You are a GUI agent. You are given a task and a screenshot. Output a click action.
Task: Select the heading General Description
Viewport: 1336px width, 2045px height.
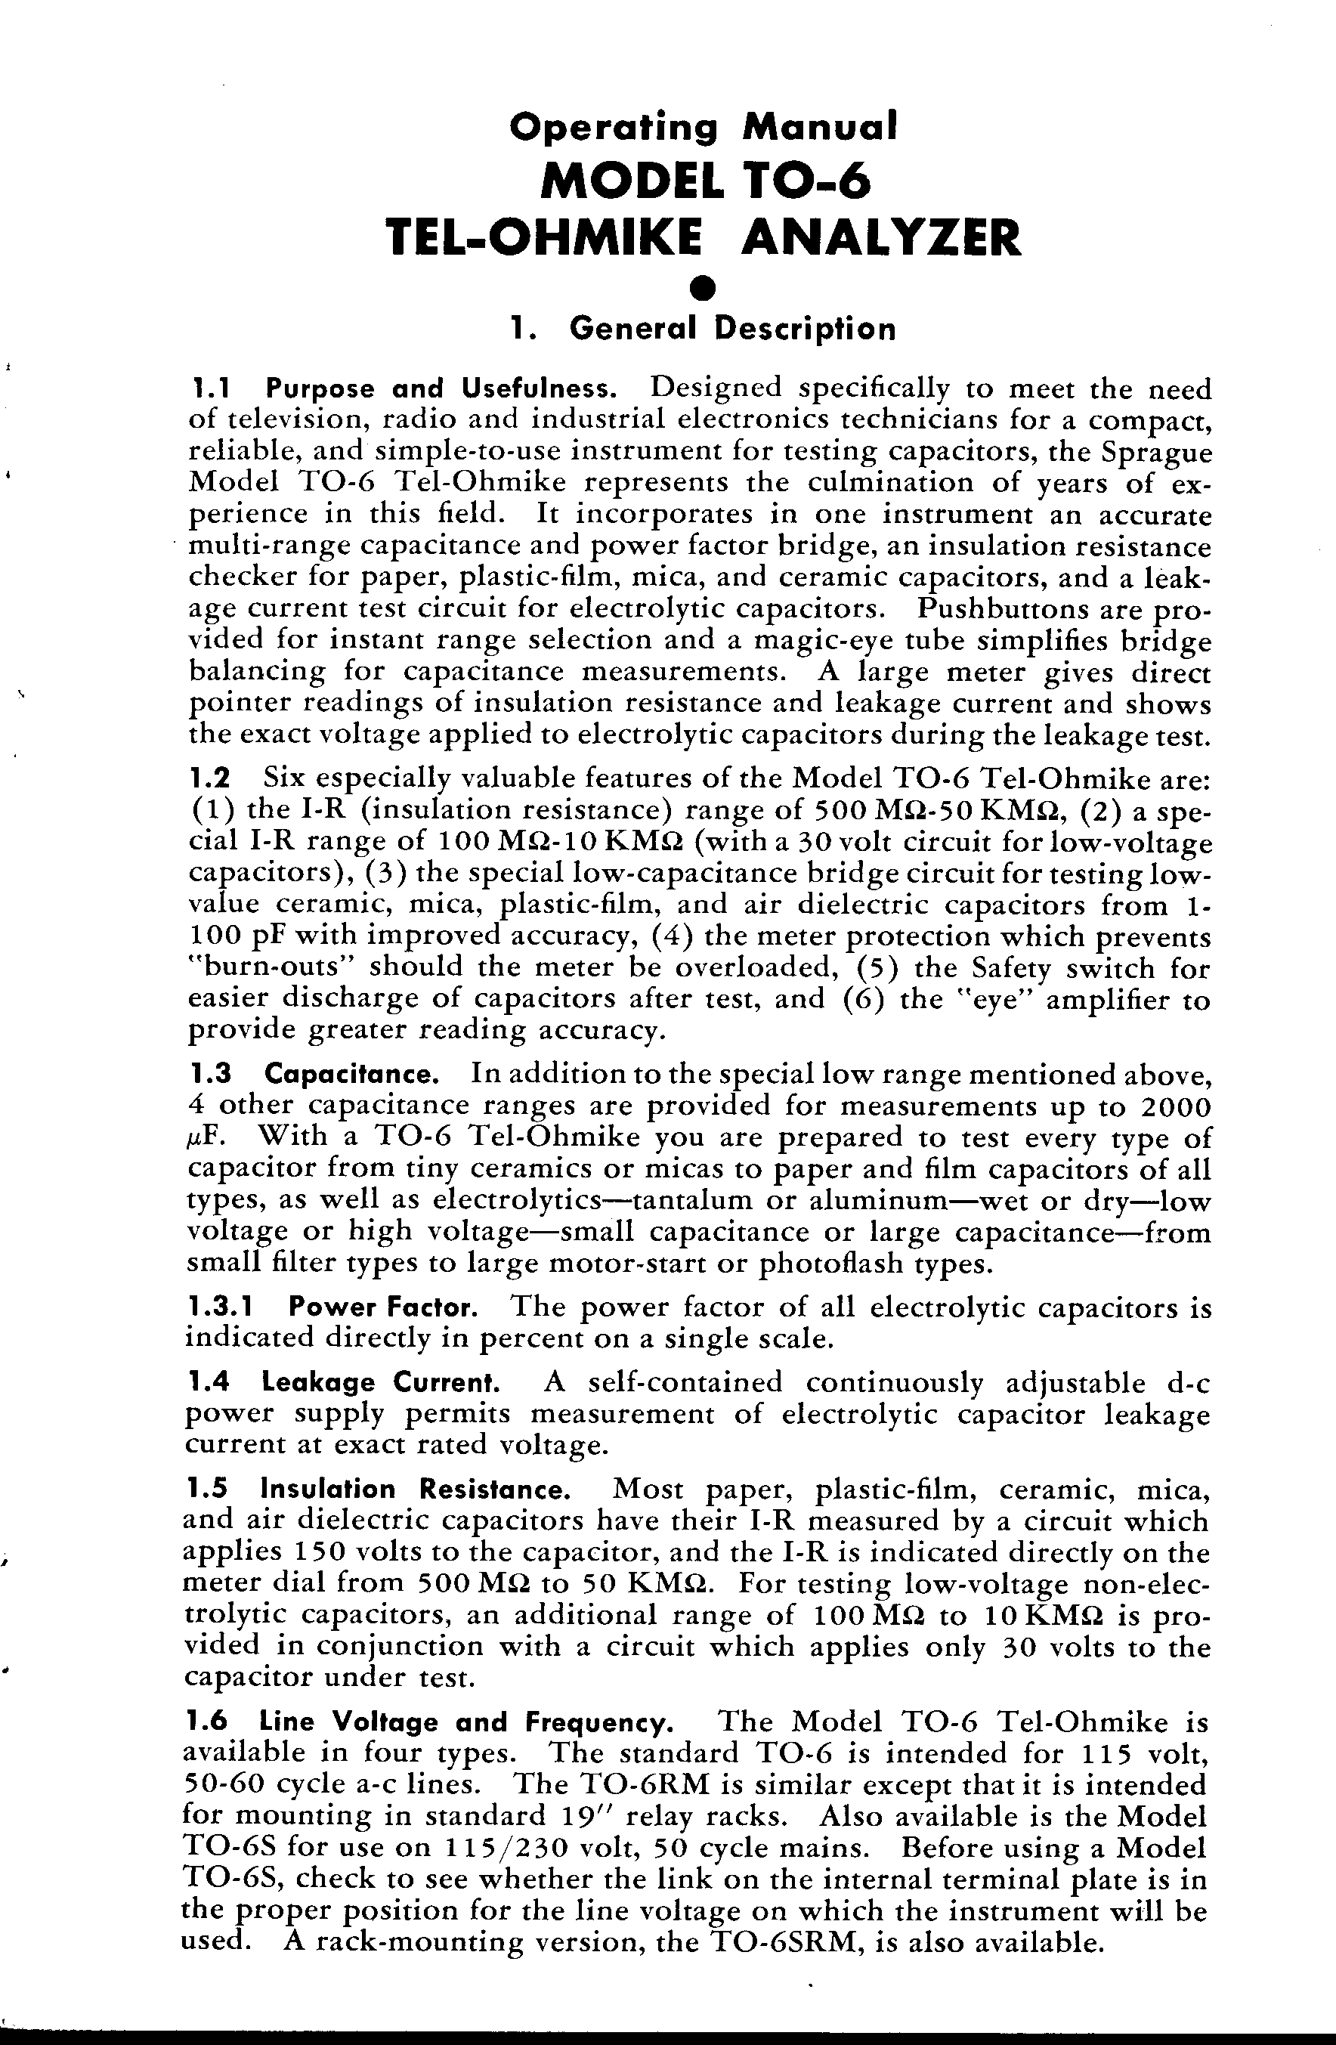pos(733,328)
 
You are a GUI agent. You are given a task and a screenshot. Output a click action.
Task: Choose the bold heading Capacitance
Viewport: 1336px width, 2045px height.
pos(352,1074)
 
